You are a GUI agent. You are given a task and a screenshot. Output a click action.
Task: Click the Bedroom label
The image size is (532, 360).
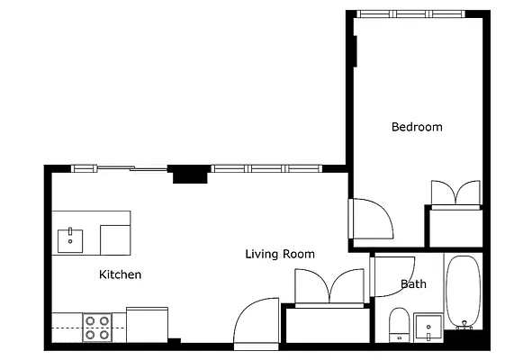point(417,127)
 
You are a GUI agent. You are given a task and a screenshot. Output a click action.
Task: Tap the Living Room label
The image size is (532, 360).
point(280,254)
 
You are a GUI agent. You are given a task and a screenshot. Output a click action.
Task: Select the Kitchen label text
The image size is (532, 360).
point(120,274)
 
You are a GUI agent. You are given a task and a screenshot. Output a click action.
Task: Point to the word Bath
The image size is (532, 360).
point(413,283)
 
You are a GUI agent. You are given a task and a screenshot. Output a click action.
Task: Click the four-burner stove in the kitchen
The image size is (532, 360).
point(97,328)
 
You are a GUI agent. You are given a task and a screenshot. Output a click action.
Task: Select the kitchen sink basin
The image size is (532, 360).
point(70,241)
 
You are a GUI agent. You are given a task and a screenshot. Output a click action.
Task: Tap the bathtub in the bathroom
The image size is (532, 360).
point(463,292)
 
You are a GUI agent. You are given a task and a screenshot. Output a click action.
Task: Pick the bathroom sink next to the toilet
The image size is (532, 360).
point(428,328)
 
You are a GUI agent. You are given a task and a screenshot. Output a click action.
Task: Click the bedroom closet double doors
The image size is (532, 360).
point(455,193)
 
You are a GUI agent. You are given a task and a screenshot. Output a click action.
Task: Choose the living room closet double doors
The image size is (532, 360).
point(329,286)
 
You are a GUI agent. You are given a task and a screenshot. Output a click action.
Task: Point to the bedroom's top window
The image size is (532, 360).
point(411,13)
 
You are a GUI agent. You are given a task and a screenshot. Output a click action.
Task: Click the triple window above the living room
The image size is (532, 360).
point(266,168)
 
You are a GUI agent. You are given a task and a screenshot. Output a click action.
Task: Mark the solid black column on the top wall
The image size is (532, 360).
point(189,174)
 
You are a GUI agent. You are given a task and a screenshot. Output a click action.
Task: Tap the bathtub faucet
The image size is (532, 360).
point(464,325)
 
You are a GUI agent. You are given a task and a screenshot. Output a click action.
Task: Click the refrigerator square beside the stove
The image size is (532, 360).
point(148,325)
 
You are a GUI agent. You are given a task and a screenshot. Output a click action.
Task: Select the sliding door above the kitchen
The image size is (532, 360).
point(131,168)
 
